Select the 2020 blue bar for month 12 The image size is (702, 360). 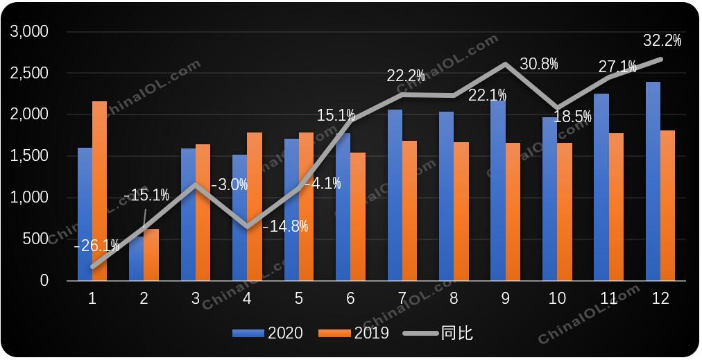point(653,181)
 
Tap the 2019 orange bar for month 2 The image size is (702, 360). point(151,255)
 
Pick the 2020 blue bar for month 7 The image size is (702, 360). point(395,195)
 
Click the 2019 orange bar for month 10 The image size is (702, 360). point(564,212)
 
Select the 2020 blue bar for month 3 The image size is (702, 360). point(188,214)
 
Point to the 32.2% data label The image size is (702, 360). point(662,41)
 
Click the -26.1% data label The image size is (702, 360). point(96,245)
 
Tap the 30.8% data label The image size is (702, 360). point(539,64)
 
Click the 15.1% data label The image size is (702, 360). point(336,116)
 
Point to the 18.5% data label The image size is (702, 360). point(572,116)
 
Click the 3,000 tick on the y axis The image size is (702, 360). point(28,32)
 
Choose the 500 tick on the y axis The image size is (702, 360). point(37,239)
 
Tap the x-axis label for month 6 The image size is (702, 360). point(350,299)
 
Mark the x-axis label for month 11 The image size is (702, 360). point(608,299)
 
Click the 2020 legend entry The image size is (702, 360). point(268,333)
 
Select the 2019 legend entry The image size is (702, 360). point(354,333)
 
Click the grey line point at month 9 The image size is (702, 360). point(505,64)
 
